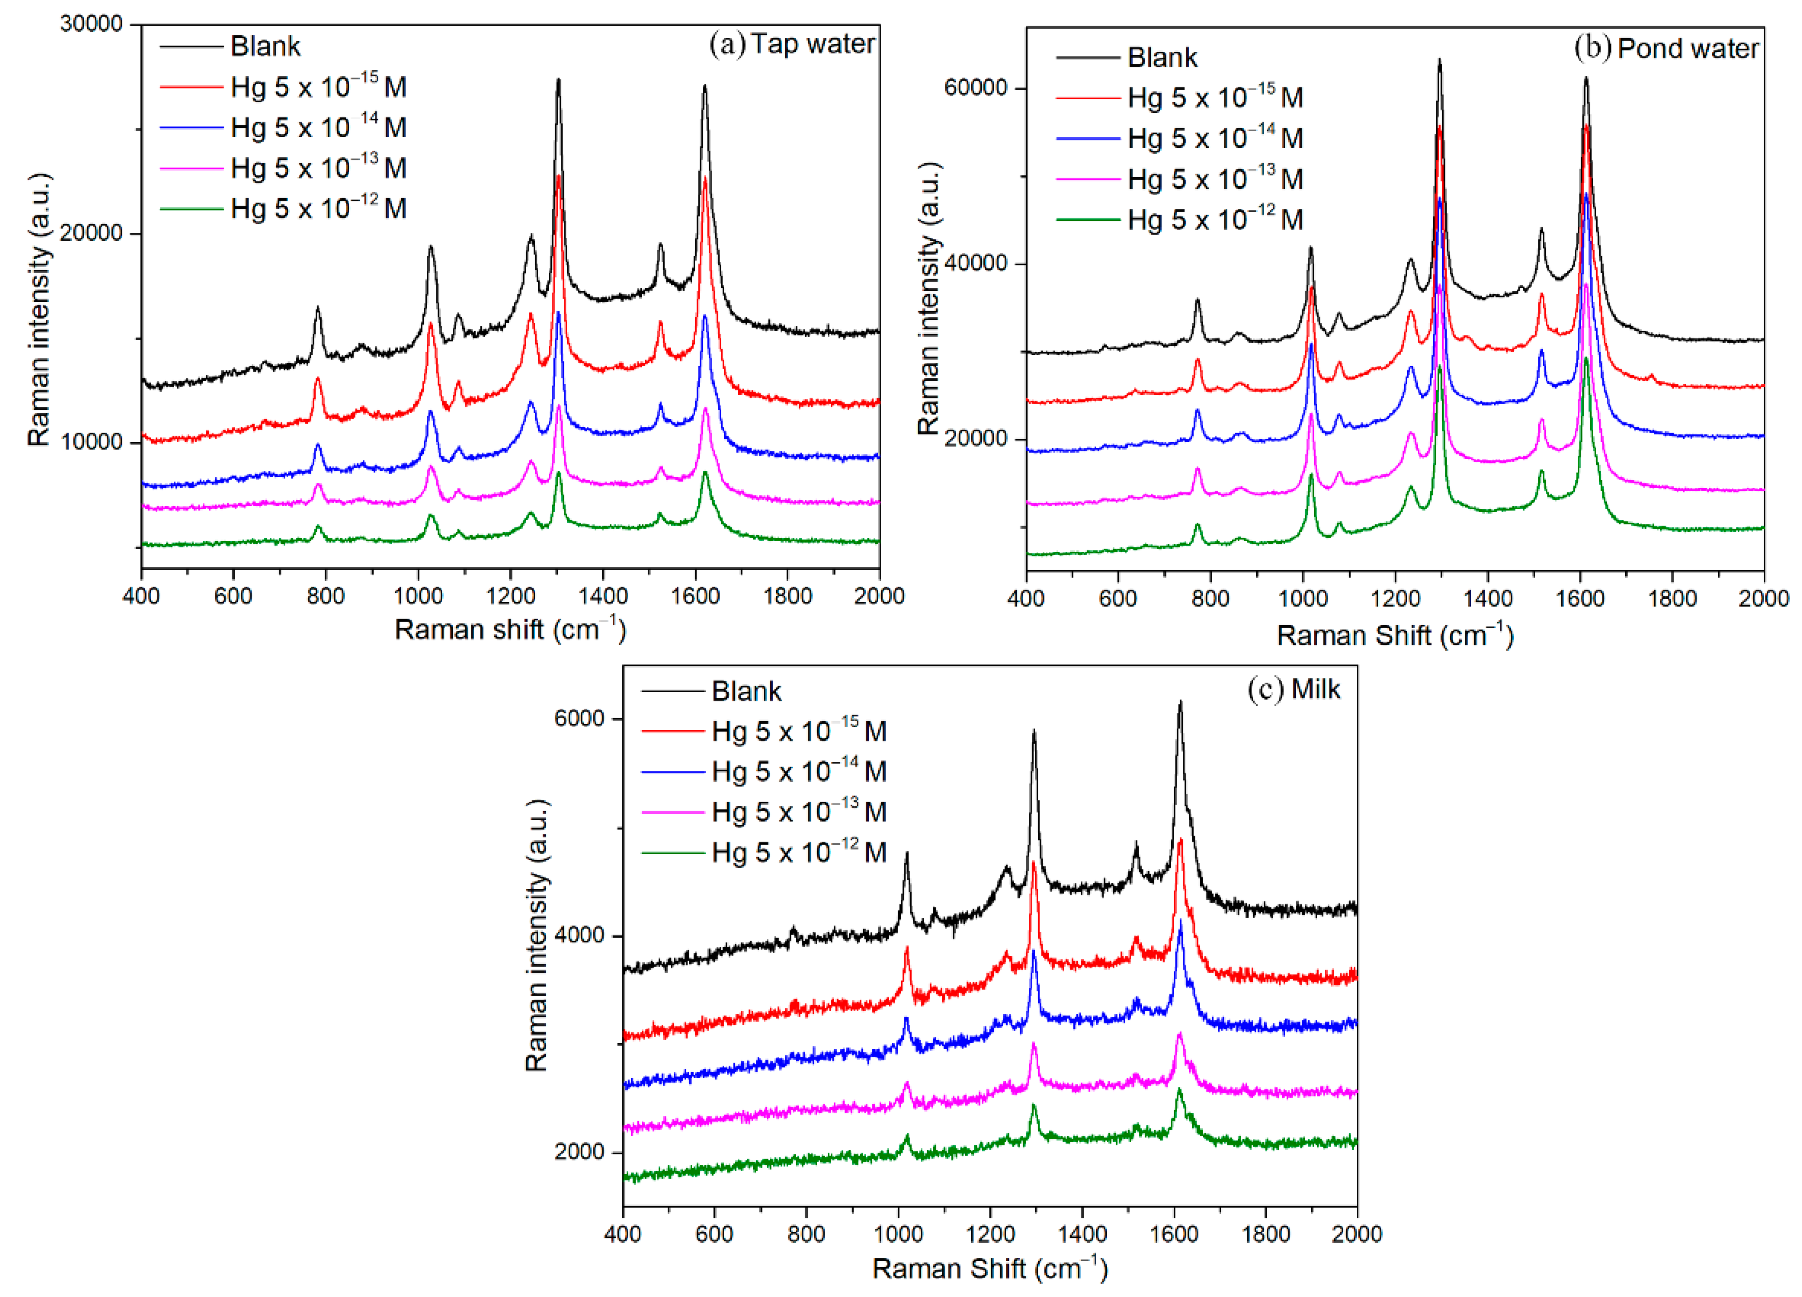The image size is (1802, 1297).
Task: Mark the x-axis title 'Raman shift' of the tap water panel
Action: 510,630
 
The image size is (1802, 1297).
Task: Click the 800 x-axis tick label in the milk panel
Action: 806,1234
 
